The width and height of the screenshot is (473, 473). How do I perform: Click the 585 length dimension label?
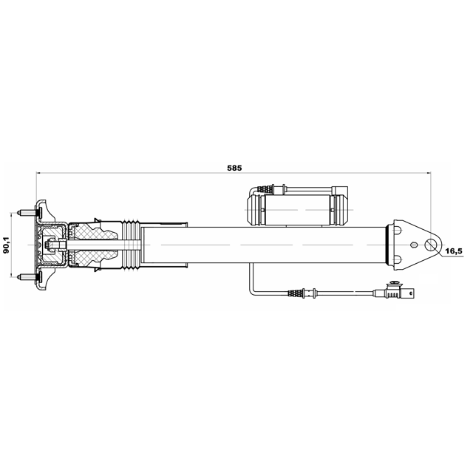click(234, 168)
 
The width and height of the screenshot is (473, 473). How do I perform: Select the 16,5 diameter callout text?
click(454, 251)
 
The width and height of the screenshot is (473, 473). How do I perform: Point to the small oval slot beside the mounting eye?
click(415, 245)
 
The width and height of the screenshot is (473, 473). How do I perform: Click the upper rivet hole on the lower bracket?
click(398, 231)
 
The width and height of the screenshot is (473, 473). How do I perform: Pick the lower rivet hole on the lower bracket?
click(398, 259)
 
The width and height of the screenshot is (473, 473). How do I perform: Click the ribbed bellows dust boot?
click(132, 245)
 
